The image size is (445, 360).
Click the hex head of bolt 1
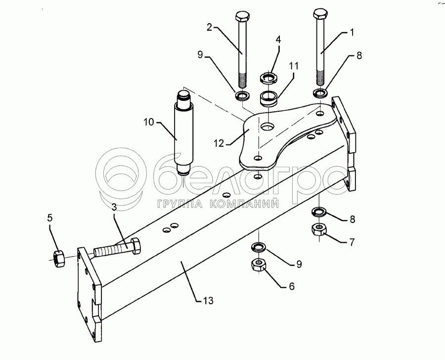coord(319,14)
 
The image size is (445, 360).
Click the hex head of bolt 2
coord(242,16)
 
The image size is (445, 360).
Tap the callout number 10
coord(148,122)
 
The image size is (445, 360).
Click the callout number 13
coord(208,300)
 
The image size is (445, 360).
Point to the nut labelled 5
coord(58,258)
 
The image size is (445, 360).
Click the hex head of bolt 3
coord(135,245)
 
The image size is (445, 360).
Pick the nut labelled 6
coord(258,266)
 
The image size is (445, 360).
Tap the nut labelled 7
coord(319,229)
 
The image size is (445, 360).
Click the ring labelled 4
coord(268,78)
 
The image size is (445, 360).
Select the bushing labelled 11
coord(269,98)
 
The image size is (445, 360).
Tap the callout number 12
coord(219,143)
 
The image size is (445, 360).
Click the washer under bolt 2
coord(242,95)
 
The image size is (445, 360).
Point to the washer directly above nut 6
coord(258,247)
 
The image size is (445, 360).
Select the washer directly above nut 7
coord(319,212)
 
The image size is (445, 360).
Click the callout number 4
coord(278,40)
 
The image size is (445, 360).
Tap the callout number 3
coord(114,207)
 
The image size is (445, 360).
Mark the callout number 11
coord(294,66)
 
